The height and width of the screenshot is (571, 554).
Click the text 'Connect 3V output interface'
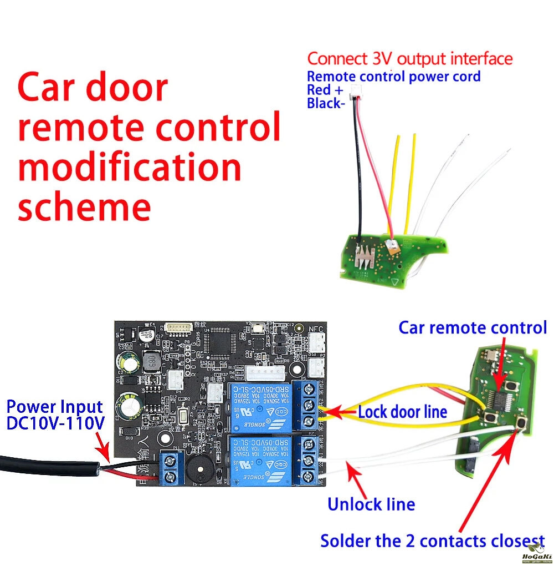point(410,58)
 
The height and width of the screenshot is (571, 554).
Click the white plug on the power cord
point(351,98)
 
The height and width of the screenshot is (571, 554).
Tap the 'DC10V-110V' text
point(55,423)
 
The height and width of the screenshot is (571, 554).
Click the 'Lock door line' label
point(402,412)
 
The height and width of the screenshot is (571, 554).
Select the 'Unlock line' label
point(371,504)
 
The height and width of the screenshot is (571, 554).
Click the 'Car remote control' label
point(473,327)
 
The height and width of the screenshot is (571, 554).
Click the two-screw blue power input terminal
point(171,469)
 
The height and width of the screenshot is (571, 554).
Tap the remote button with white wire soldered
point(521,425)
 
